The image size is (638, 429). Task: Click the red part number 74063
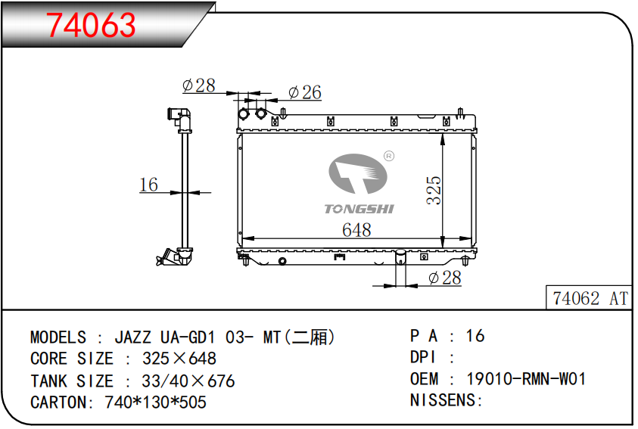click(91, 25)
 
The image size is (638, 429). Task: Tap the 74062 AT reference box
click(589, 298)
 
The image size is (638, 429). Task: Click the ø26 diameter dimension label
click(305, 92)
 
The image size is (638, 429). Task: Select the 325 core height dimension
click(434, 190)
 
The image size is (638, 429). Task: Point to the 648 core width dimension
click(356, 230)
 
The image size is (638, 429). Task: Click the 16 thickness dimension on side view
click(148, 185)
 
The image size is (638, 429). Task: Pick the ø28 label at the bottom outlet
click(445, 278)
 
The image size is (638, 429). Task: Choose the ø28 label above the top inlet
click(199, 85)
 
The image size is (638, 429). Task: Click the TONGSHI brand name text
click(359, 209)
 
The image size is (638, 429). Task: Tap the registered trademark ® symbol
click(389, 156)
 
